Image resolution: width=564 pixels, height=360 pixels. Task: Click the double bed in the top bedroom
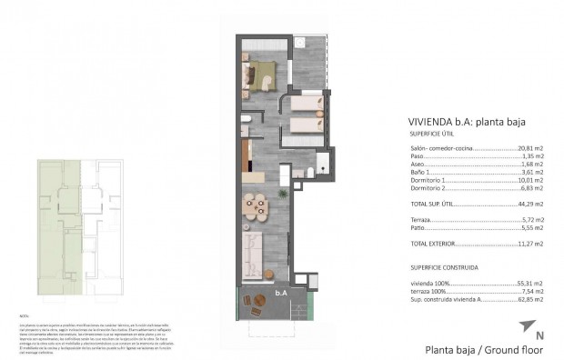point(263,72)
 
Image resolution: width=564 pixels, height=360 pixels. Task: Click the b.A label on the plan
point(281,294)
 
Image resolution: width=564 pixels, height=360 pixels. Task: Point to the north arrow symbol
point(526,327)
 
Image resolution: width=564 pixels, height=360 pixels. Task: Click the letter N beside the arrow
point(539,336)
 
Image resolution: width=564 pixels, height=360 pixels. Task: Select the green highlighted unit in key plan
point(61,227)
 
